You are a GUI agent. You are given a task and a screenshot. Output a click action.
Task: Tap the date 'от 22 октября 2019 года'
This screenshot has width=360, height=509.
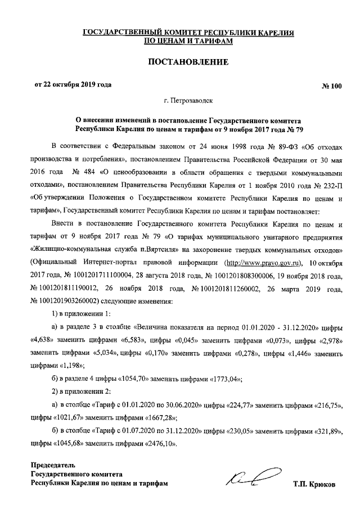[73, 85]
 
